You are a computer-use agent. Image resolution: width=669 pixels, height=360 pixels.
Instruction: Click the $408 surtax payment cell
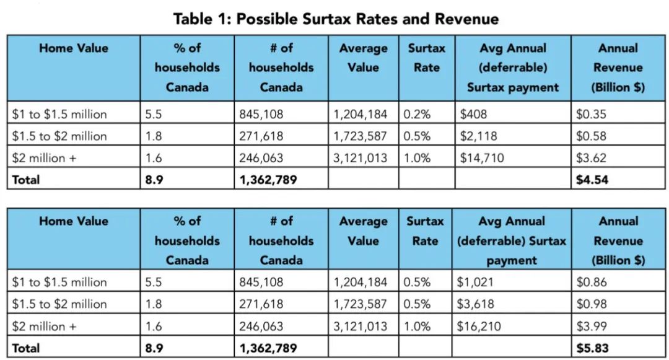pos(473,114)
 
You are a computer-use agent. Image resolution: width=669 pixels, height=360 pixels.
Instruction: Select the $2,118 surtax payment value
pos(478,136)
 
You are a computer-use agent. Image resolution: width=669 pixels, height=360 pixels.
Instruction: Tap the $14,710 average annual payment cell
pos(482,158)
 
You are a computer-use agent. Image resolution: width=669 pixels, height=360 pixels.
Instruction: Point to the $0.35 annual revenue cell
pos(591,114)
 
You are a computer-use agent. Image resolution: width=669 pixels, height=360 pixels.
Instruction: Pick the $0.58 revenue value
pos(591,136)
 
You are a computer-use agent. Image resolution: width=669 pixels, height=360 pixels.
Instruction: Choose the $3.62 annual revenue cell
pos(591,158)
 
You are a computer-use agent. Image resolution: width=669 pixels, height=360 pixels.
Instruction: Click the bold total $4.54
pos(592,180)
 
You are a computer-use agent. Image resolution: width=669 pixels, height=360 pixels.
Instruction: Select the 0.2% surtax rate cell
pos(417,114)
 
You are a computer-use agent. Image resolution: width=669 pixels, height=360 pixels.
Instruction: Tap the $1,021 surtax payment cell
pos(475,282)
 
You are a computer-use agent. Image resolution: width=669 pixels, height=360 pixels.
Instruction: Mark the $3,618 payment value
pos(475,304)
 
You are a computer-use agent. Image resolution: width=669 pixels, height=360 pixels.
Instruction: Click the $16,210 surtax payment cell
pos(479,327)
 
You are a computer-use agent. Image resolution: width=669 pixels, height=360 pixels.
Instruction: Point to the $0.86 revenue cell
pos(592,282)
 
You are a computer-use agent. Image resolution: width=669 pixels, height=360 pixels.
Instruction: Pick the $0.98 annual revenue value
pos(592,304)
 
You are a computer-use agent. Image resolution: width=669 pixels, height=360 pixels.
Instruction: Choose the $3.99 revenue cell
pos(592,327)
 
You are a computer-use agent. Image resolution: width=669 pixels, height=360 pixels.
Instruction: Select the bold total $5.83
pos(592,348)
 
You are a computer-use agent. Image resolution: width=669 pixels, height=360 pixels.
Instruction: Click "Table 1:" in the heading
pos(202,19)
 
